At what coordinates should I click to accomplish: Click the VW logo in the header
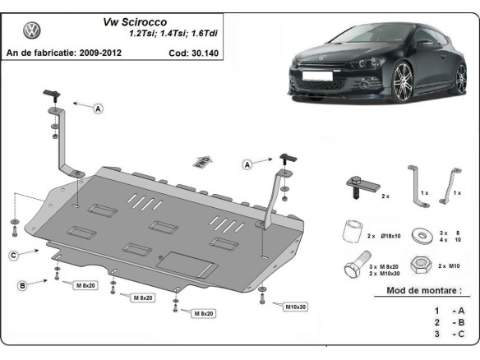click(31, 32)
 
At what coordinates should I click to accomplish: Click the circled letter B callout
click(23, 284)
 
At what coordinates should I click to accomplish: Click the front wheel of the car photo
click(404, 83)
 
